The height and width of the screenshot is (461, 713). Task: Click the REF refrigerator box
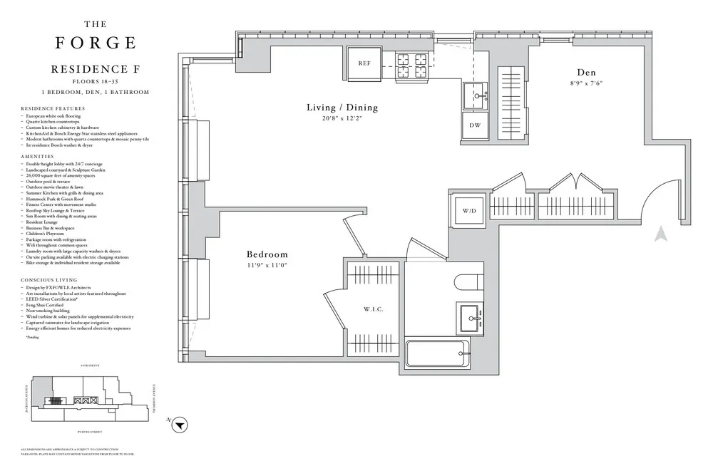(364, 63)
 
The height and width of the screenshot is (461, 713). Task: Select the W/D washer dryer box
(470, 211)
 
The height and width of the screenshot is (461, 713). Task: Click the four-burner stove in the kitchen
(411, 66)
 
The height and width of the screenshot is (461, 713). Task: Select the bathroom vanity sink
(470, 318)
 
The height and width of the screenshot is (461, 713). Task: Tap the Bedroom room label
(267, 254)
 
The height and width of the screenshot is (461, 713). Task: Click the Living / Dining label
(342, 108)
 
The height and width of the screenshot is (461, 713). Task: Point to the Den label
(587, 73)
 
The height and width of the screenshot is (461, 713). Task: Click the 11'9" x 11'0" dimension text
(267, 266)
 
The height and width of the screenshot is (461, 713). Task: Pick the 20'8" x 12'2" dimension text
(342, 119)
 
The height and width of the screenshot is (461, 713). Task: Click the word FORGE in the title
(96, 43)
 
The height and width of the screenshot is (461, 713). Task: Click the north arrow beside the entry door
(661, 232)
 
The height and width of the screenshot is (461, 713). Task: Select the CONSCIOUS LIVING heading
(48, 280)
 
